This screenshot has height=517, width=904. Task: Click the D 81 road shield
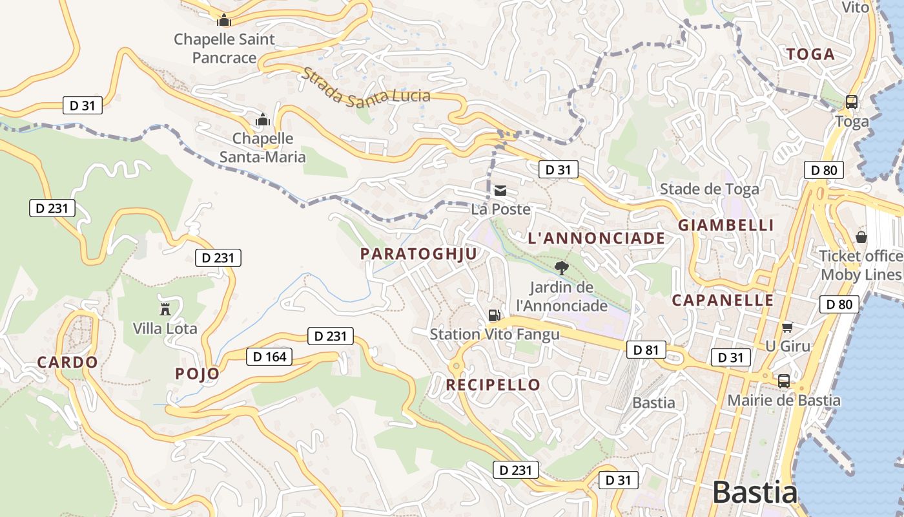[x=646, y=350]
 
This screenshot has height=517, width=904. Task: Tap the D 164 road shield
[x=269, y=356]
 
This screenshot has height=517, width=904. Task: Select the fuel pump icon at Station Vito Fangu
[x=494, y=315]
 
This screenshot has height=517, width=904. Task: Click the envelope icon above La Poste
[x=500, y=191]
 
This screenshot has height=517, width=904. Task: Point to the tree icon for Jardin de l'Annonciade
[x=562, y=268]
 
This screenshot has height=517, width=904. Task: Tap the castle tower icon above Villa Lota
[x=165, y=309]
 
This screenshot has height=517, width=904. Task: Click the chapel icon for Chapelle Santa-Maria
[x=263, y=120]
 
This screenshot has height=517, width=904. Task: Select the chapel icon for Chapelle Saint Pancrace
[x=224, y=20]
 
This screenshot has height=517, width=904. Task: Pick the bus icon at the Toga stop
[x=852, y=101]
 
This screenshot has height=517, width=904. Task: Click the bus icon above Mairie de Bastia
[x=784, y=381]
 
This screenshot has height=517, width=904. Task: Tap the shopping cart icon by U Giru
[x=786, y=327]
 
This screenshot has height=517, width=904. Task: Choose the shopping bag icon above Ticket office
[x=861, y=237]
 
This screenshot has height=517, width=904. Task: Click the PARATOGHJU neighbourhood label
[x=418, y=254]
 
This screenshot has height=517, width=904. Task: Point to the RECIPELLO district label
[x=493, y=385]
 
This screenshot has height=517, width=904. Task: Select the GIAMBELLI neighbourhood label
[x=726, y=225]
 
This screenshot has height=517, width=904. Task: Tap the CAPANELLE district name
[x=723, y=301]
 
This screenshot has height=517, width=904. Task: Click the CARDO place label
[x=67, y=363]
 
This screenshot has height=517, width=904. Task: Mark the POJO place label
[x=197, y=374]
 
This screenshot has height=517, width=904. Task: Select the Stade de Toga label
[x=709, y=189]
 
